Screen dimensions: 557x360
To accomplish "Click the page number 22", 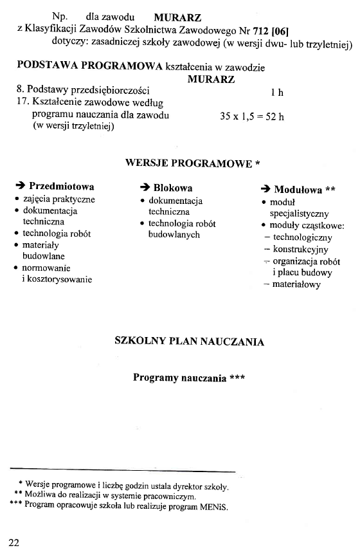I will coord(14,542).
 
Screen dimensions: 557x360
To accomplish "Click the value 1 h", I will coord(277,93).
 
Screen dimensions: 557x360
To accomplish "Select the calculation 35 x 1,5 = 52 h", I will coord(251,117).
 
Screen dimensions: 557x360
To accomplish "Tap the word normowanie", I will coord(46,268).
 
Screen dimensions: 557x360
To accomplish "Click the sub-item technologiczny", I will coord(302,237).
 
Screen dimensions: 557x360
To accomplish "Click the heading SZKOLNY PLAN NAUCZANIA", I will coord(189,341).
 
